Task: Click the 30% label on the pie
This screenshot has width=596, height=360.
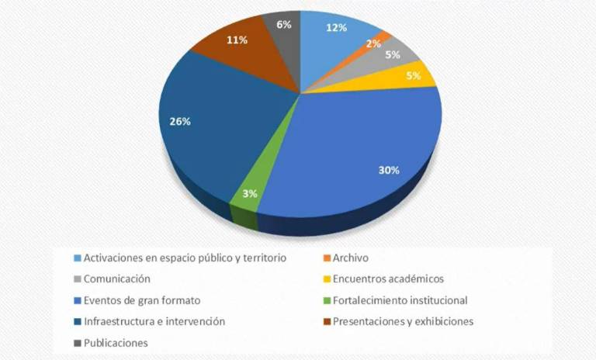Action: pos(389,170)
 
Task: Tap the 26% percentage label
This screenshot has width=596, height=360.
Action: pos(180,121)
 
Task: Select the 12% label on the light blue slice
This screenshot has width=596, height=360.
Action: pos(336,27)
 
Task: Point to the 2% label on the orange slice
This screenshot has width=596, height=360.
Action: pos(374,44)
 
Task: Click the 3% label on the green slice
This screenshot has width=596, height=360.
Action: pos(249,194)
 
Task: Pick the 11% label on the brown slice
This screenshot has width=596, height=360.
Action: pos(237,40)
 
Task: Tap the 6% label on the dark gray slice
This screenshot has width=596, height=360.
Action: pos(283,24)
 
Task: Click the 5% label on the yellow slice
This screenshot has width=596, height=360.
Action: pos(413,76)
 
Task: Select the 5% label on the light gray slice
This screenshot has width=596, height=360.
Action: pos(393,55)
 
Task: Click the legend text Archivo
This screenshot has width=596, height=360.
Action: pos(350,258)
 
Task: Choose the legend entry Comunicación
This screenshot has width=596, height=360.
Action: pos(116,279)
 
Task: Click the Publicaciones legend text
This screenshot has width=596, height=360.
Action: pos(116,342)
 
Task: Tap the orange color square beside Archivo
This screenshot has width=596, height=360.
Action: pos(326,258)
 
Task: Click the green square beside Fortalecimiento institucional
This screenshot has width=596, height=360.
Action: pos(326,300)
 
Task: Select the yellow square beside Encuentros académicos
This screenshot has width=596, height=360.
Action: pos(326,279)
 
